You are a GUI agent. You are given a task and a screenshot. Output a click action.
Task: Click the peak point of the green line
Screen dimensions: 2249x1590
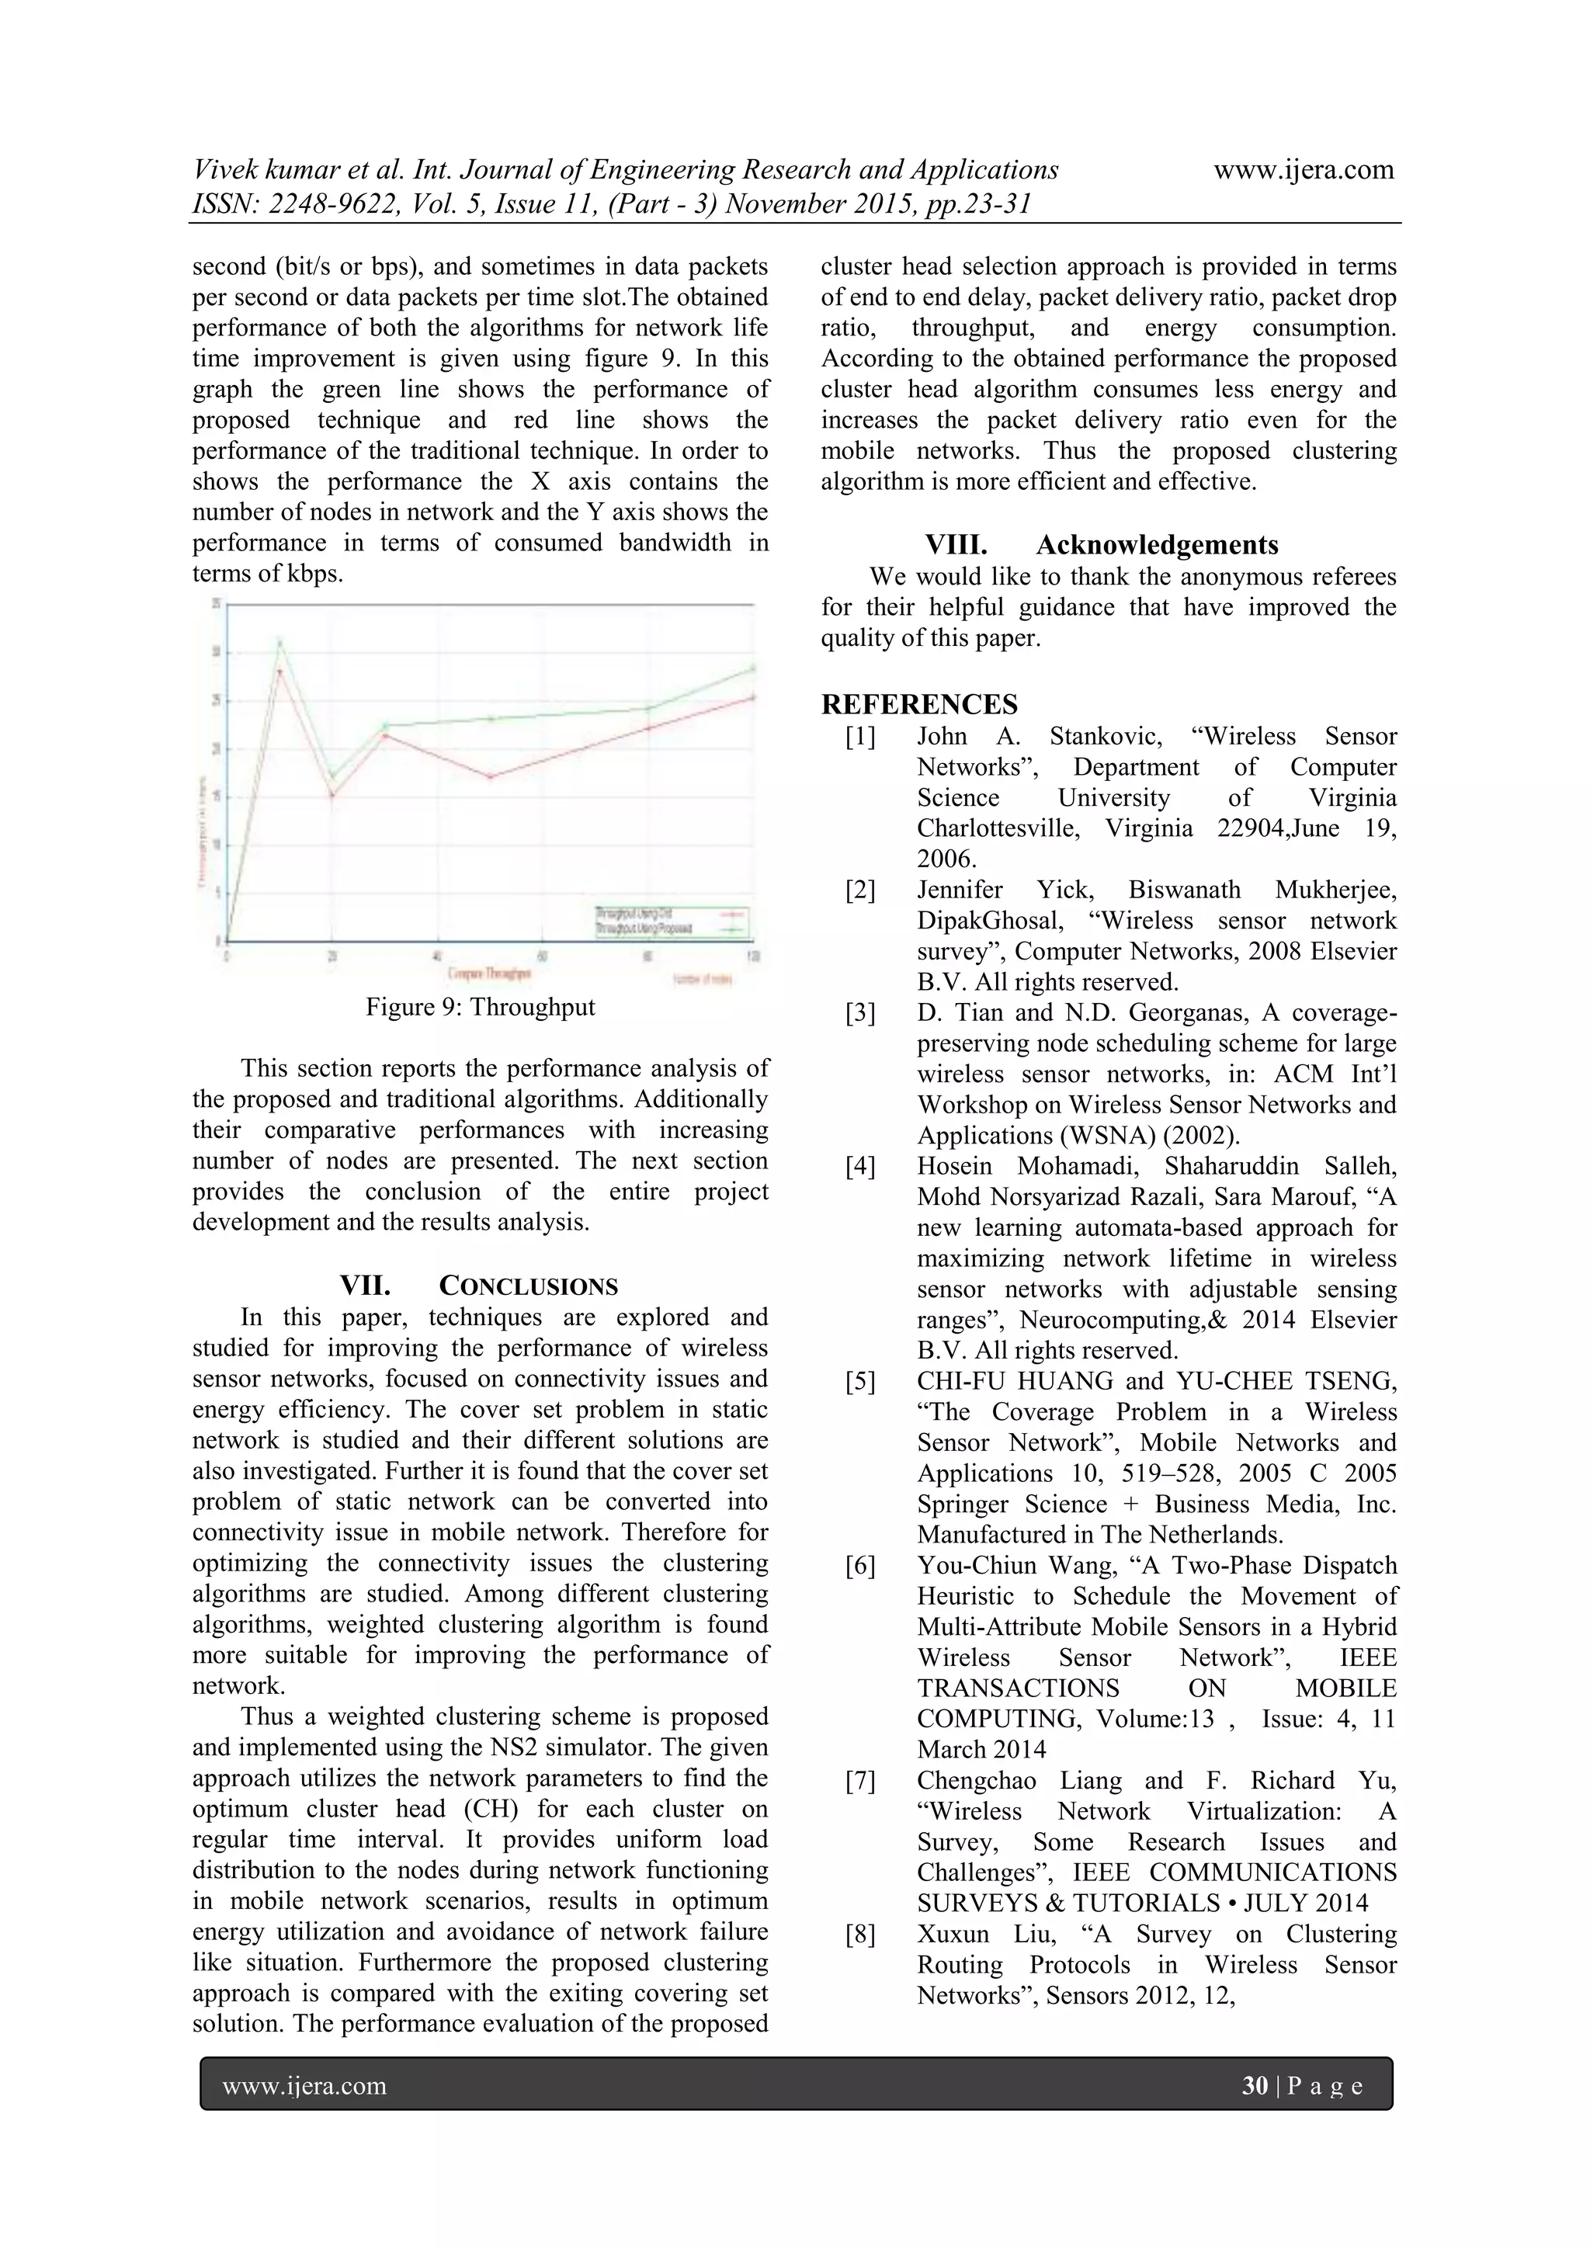point(279,643)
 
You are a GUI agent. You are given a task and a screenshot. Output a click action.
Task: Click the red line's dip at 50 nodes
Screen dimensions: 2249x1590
point(490,777)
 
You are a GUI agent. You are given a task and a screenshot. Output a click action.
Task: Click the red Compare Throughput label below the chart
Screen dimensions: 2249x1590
point(490,974)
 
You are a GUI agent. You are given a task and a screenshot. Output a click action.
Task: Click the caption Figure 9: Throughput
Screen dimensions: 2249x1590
point(480,1007)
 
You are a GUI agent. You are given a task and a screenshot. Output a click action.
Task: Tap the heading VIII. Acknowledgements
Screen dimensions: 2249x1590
point(1102,545)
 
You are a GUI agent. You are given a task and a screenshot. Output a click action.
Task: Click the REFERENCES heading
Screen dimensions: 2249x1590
point(919,704)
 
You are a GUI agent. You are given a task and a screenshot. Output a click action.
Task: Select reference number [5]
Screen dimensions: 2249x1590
point(860,1381)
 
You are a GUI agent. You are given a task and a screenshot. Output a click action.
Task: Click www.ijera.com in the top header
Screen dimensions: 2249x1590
point(1303,169)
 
